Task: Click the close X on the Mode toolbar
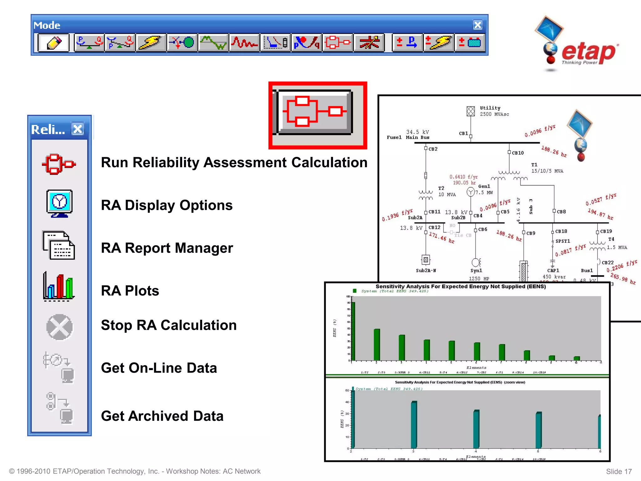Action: click(x=478, y=25)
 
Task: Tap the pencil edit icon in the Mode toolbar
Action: click(x=54, y=43)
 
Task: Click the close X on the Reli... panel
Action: click(x=78, y=129)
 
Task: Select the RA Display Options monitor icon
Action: click(x=59, y=203)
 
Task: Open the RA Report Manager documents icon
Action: click(x=59, y=245)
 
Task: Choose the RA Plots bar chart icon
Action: click(x=59, y=287)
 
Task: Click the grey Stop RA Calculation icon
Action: click(x=59, y=327)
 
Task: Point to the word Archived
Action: click(x=158, y=416)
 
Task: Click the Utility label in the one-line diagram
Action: click(x=490, y=108)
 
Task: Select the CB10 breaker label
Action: click(x=518, y=153)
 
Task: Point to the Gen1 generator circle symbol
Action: click(x=470, y=192)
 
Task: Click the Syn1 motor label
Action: click(x=476, y=271)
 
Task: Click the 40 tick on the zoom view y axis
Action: click(x=347, y=402)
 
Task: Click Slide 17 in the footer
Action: click(x=619, y=472)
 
